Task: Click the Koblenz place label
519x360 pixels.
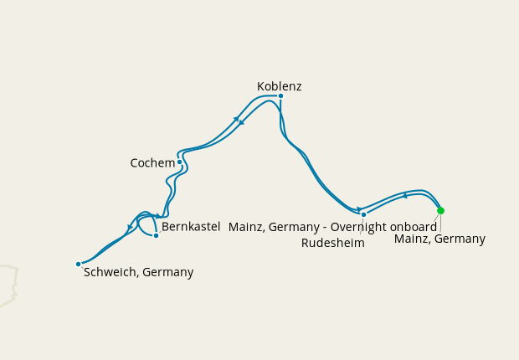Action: [280, 86]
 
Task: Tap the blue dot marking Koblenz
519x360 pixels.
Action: [280, 95]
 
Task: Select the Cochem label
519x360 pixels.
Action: [152, 163]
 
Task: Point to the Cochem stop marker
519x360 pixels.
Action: [179, 162]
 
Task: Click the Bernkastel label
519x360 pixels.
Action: [191, 227]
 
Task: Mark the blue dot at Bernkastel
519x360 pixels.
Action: [156, 235]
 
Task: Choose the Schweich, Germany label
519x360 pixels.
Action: [139, 272]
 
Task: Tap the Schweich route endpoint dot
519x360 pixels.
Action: [78, 264]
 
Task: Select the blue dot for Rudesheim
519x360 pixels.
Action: [363, 214]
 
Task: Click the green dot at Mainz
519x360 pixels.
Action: [440, 210]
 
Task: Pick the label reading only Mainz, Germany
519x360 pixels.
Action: [439, 239]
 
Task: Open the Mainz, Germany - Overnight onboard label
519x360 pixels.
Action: [332, 227]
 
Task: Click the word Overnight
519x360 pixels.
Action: [359, 227]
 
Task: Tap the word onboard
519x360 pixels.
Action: [414, 227]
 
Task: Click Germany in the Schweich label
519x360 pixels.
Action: [168, 272]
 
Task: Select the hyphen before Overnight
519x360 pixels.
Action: [324, 228]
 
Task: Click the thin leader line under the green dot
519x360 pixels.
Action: [440, 222]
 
